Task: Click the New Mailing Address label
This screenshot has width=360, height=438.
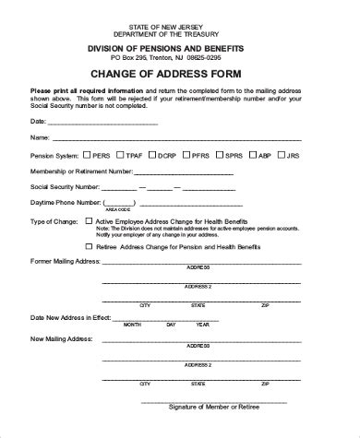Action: pos(59,338)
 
